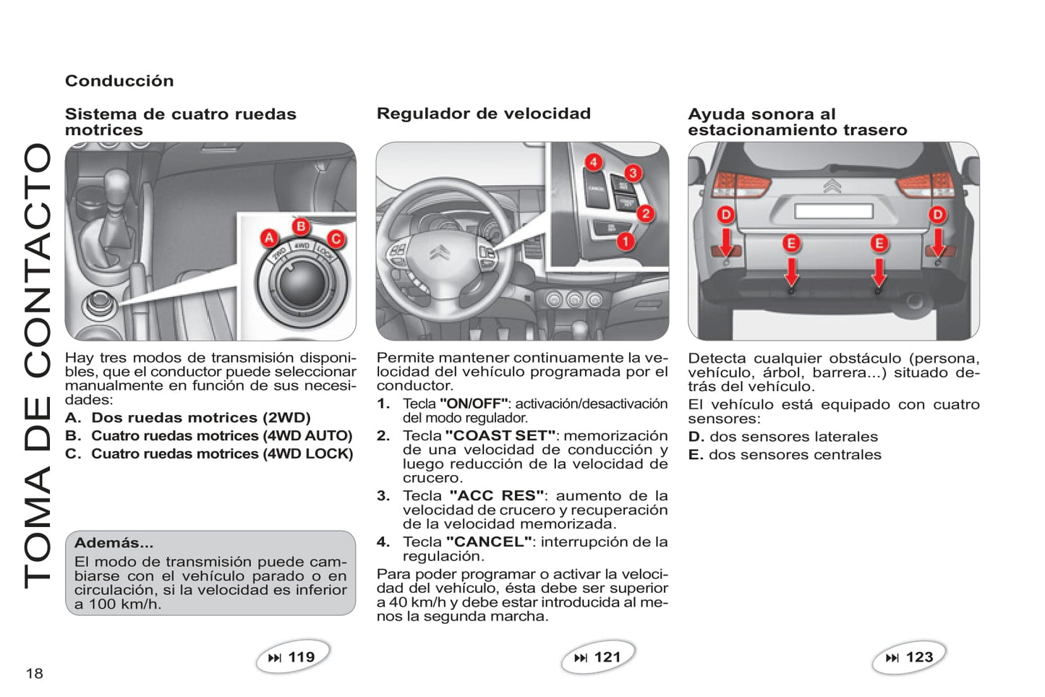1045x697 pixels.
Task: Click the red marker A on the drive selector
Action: coord(269,238)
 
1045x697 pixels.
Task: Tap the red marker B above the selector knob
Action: coord(301,226)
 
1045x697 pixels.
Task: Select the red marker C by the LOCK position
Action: coord(336,239)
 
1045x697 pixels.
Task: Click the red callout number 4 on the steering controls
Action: coord(593,162)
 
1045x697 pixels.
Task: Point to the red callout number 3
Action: coord(633,173)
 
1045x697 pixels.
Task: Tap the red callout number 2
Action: coord(645,213)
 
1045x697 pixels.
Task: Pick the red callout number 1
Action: coord(625,241)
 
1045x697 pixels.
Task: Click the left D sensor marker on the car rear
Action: coord(725,215)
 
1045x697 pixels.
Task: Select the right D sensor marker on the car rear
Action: coord(937,215)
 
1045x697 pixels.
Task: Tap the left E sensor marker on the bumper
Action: coord(791,243)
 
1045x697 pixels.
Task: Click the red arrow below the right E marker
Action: coord(879,273)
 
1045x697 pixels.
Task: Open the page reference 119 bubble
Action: coord(293,657)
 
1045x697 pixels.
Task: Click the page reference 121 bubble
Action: coord(599,657)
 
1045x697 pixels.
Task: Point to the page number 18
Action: coord(34,674)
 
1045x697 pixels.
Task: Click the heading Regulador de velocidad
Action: coord(483,114)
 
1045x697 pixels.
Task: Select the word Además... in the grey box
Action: coord(114,543)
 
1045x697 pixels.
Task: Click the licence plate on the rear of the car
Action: coord(833,211)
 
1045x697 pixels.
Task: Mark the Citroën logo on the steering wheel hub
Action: coord(439,253)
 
